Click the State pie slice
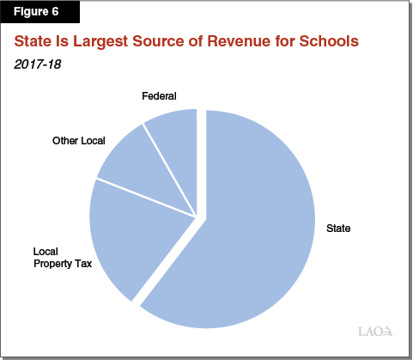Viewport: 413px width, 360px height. (249, 232)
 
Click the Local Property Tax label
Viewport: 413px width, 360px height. (62, 257)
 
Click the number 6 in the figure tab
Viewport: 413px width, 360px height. (65, 13)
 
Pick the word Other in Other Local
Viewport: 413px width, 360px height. (65, 140)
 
